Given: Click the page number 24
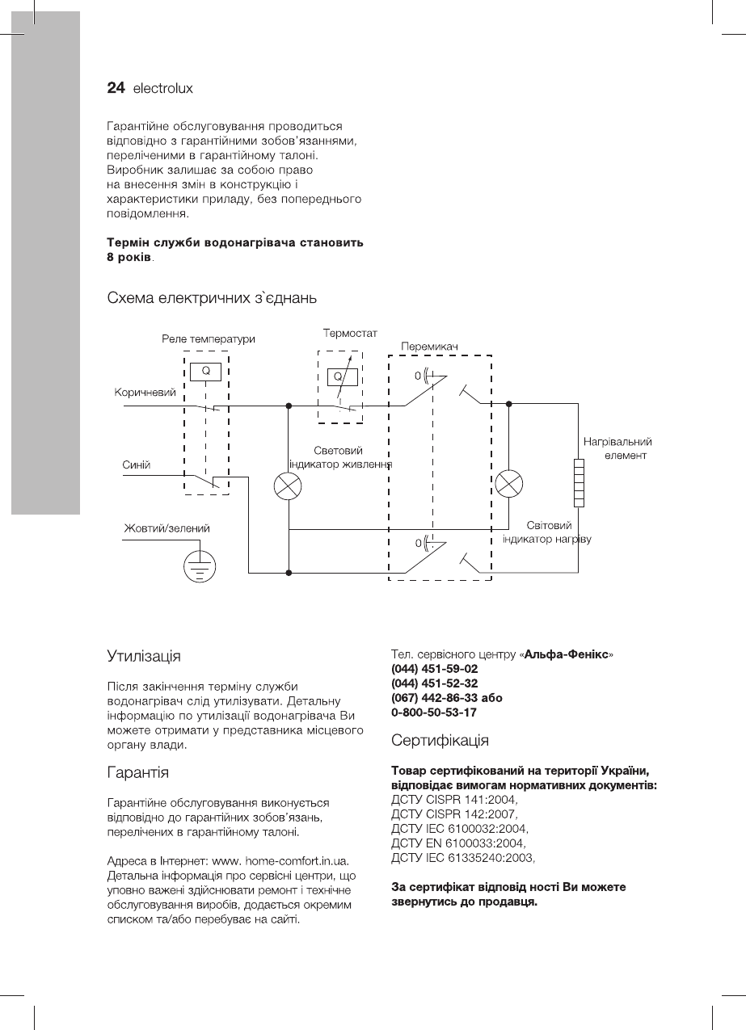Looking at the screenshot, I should pyautogui.click(x=116, y=88).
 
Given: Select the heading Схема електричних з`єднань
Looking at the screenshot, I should pyautogui.click(x=212, y=298).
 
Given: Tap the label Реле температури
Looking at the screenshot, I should pyautogui.click(x=209, y=339).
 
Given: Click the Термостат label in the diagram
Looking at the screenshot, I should pyautogui.click(x=350, y=333).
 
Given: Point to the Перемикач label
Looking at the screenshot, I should pyautogui.click(x=429, y=347).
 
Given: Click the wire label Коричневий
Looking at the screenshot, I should pyautogui.click(x=145, y=393).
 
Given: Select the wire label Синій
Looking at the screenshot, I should pyautogui.click(x=137, y=465).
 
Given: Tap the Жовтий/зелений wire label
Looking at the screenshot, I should pyautogui.click(x=166, y=528).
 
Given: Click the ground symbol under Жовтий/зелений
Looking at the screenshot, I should pyautogui.click(x=196, y=566).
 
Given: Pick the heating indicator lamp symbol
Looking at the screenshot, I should pyautogui.click(x=508, y=483).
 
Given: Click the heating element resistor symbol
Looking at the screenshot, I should pyautogui.click(x=579, y=482).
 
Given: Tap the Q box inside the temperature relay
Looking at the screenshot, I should pyautogui.click(x=206, y=371).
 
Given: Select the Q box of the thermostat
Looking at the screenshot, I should pyautogui.click(x=339, y=376).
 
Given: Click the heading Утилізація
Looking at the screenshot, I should pyautogui.click(x=144, y=654).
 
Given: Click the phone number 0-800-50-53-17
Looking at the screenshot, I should pyautogui.click(x=433, y=713).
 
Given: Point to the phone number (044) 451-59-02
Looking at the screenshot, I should pyautogui.click(x=434, y=669).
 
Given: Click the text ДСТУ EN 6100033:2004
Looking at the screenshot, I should pyautogui.click(x=457, y=843).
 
